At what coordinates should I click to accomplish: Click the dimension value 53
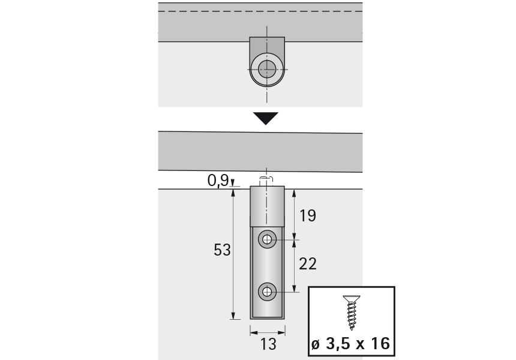(222, 250)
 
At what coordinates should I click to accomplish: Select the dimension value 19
(307, 216)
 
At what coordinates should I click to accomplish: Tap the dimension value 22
(307, 263)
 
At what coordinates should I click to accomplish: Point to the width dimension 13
(267, 344)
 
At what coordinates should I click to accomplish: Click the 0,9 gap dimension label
(217, 180)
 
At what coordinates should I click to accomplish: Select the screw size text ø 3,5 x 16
(351, 344)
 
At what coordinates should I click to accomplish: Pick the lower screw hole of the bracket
(267, 293)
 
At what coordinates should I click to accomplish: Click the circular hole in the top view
(267, 70)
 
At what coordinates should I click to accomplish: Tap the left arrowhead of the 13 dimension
(253, 331)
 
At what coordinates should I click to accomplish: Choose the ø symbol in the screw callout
(316, 344)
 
